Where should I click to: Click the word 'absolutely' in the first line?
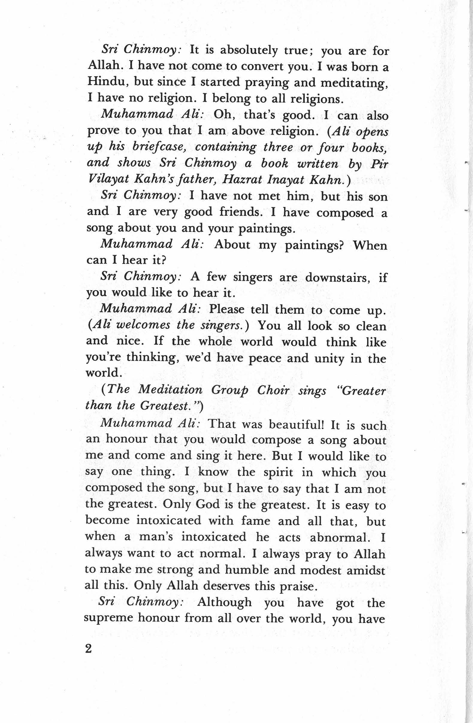(x=249, y=50)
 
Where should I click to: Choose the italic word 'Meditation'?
(x=170, y=390)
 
